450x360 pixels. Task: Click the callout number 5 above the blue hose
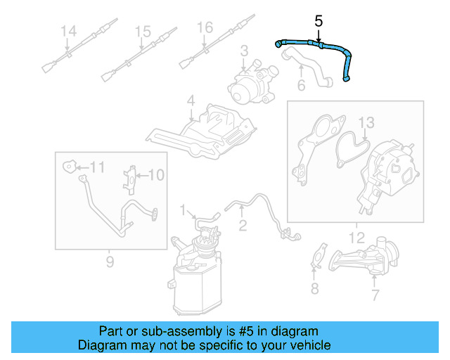(319, 21)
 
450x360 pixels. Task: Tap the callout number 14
(69, 31)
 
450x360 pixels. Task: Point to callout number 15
(143, 32)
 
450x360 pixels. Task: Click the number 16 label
(205, 27)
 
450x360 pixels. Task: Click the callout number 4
(191, 101)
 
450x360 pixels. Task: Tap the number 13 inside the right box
(366, 122)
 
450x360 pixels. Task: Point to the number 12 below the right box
(356, 238)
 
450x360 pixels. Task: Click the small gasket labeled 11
(69, 166)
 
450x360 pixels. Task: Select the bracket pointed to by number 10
(129, 180)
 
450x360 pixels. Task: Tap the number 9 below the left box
(110, 262)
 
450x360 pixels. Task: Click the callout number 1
(183, 210)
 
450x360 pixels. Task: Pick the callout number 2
(243, 226)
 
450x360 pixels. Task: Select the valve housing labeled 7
(364, 256)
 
